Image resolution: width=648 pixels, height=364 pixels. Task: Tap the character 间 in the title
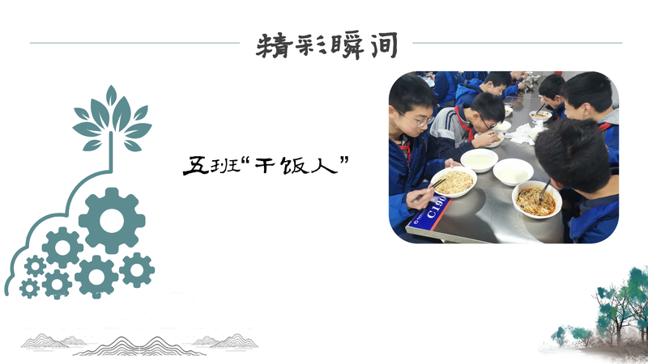[383, 44]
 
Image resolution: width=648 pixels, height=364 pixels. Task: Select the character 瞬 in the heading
[347, 45]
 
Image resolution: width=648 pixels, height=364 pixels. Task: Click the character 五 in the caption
[196, 166]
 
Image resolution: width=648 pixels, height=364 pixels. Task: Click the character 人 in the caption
[325, 166]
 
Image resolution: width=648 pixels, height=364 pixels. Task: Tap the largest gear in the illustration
[112, 220]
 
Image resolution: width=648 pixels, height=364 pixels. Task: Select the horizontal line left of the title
[134, 43]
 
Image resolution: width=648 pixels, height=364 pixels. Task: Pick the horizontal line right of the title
[518, 43]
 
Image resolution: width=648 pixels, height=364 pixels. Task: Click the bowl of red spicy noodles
[537, 200]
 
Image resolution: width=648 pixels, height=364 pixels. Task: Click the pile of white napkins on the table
[522, 133]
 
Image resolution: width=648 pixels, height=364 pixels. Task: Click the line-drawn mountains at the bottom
[139, 345]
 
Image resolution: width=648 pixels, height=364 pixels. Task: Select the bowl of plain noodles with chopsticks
[454, 183]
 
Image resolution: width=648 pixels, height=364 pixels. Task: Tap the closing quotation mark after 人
[344, 160]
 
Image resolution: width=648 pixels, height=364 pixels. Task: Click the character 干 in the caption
[266, 166]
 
